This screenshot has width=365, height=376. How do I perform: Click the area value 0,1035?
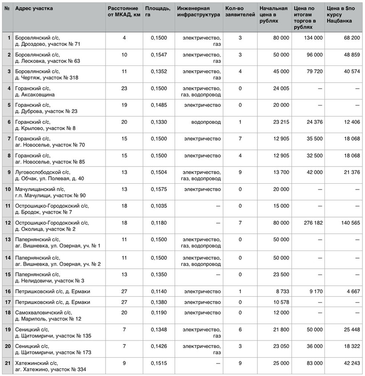[158, 206]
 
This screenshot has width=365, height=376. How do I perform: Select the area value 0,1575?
[158, 189]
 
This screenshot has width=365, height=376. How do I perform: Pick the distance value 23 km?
[124, 89]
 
